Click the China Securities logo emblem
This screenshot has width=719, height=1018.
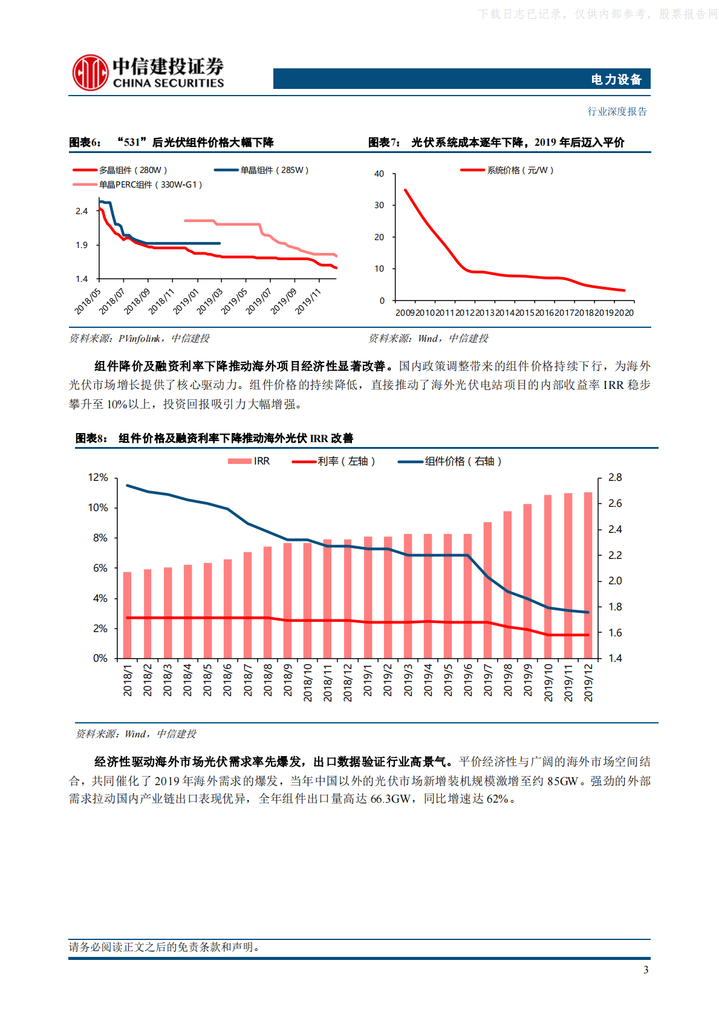(x=90, y=73)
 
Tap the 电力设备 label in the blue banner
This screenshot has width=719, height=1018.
(x=616, y=79)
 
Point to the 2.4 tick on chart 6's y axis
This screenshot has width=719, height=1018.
(x=82, y=211)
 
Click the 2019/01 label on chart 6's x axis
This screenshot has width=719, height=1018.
(x=186, y=301)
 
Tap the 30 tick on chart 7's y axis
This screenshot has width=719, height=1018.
(x=379, y=205)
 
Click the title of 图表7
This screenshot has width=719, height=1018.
(x=517, y=143)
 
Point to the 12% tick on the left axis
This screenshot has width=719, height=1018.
(x=98, y=477)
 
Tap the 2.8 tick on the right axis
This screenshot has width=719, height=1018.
(x=615, y=477)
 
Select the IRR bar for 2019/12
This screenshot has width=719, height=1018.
(x=588, y=575)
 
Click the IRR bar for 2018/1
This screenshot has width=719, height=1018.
(x=127, y=615)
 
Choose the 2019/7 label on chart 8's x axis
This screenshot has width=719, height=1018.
(x=488, y=680)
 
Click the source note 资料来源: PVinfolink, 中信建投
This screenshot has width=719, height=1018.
(x=139, y=339)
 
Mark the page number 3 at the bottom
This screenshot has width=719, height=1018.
(x=646, y=970)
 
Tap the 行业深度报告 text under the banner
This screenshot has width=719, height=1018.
(x=617, y=111)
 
